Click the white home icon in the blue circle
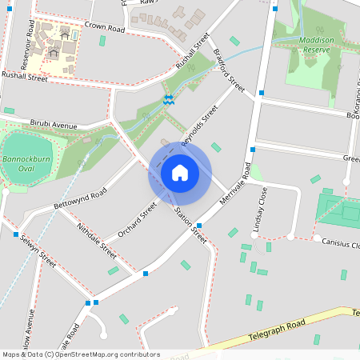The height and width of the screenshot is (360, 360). coord(179,173)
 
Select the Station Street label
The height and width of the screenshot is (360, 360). coord(190,226)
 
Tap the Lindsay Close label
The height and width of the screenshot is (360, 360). coord(258,210)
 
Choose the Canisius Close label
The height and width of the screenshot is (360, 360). coord(341,244)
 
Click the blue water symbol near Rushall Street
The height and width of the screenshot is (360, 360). coord(168,99)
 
